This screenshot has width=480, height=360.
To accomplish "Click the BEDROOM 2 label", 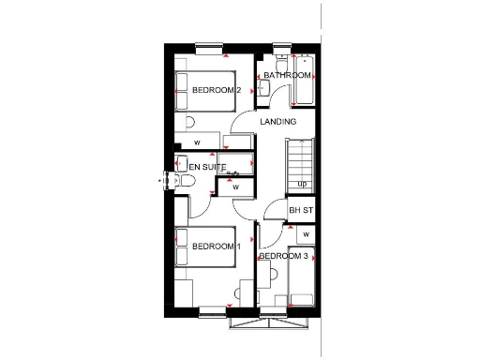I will tap(217, 90).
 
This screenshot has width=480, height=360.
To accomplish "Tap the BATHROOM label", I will tap(287, 75).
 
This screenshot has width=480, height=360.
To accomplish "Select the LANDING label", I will tap(277, 122).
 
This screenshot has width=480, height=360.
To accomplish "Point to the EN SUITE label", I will tap(207, 167).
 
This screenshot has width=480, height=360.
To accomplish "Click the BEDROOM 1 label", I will tap(217, 246).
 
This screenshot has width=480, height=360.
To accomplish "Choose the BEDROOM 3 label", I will tap(283, 256).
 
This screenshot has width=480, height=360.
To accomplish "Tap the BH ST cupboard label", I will tap(300, 211).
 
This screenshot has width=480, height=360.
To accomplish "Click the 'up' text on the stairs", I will tap(302, 184).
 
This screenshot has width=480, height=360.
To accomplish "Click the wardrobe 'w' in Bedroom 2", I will tap(198, 142).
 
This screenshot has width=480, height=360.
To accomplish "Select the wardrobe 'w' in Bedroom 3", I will tap(306, 233).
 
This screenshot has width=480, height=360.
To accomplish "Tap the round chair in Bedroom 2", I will tap(190, 123).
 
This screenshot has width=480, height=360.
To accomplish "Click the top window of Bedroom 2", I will tap(209, 46).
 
